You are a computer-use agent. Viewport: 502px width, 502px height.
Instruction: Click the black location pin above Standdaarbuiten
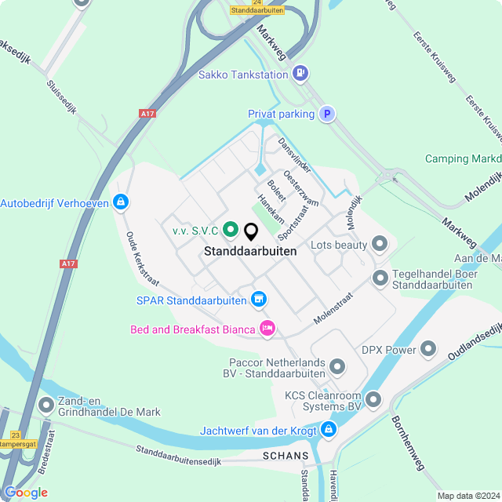pos(251,232)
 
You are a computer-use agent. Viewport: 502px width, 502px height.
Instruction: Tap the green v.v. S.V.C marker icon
pos(230,231)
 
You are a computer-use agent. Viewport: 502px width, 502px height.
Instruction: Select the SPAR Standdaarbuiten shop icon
pos(258,300)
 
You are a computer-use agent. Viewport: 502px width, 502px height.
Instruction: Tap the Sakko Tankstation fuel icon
pos(299,75)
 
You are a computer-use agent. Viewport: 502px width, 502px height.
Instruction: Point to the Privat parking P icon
pos(327,115)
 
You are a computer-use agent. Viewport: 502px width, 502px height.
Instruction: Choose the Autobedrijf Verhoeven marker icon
pos(120,203)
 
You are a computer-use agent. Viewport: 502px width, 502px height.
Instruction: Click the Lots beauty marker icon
pos(380,246)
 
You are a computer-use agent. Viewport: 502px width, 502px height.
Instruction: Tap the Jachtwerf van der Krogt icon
pos(328,430)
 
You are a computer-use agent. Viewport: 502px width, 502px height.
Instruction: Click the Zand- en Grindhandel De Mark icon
pos(46,406)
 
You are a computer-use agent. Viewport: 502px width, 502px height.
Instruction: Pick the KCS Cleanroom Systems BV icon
pos(373,401)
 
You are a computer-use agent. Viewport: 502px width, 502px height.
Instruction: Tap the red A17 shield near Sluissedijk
pos(147,115)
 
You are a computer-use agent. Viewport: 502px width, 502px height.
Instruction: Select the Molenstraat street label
pos(333,308)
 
